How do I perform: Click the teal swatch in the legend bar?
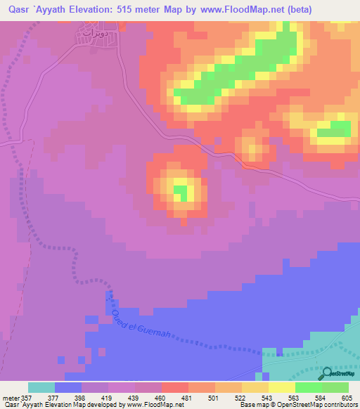[41, 387]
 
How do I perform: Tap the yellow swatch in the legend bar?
[282, 387]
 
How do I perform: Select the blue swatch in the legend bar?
[68, 387]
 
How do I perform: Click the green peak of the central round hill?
[180, 190]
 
